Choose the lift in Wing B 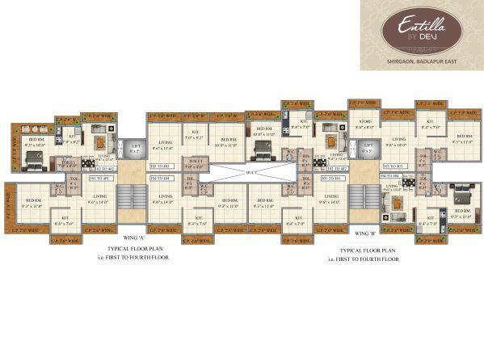367,149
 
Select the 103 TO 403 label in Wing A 159,166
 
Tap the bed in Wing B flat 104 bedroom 465,196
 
